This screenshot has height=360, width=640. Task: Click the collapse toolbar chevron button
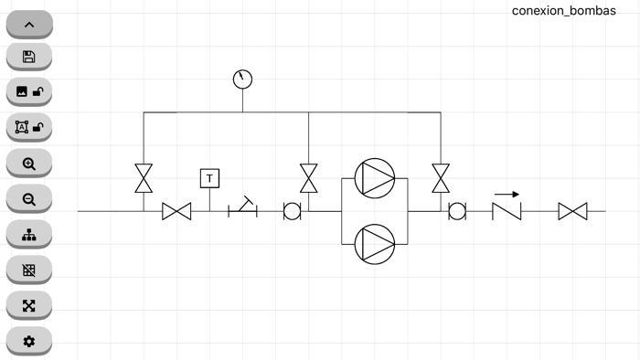pyautogui.click(x=28, y=25)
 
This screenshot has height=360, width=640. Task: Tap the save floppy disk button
pyautogui.click(x=28, y=58)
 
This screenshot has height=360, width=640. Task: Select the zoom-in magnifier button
pyautogui.click(x=28, y=164)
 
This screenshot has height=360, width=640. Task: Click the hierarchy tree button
pyautogui.click(x=28, y=235)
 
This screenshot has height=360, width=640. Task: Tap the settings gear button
pyautogui.click(x=28, y=342)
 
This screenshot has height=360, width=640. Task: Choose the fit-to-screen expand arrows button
pyautogui.click(x=28, y=306)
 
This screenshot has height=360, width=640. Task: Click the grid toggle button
pyautogui.click(x=28, y=270)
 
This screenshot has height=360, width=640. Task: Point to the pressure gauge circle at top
pyautogui.click(x=242, y=79)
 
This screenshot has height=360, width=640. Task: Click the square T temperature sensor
pyautogui.click(x=210, y=178)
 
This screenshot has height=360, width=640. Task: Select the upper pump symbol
pyautogui.click(x=374, y=177)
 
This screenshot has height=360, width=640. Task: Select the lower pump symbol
pyautogui.click(x=374, y=244)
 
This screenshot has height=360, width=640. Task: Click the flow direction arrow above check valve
pyautogui.click(x=507, y=194)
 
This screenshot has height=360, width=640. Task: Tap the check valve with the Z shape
pyautogui.click(x=507, y=212)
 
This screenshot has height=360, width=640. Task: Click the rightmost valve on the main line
pyautogui.click(x=572, y=212)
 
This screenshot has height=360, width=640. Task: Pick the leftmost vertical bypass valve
pyautogui.click(x=144, y=178)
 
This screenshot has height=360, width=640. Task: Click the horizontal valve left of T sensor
pyautogui.click(x=176, y=212)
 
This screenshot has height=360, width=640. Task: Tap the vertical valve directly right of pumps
pyautogui.click(x=441, y=178)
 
